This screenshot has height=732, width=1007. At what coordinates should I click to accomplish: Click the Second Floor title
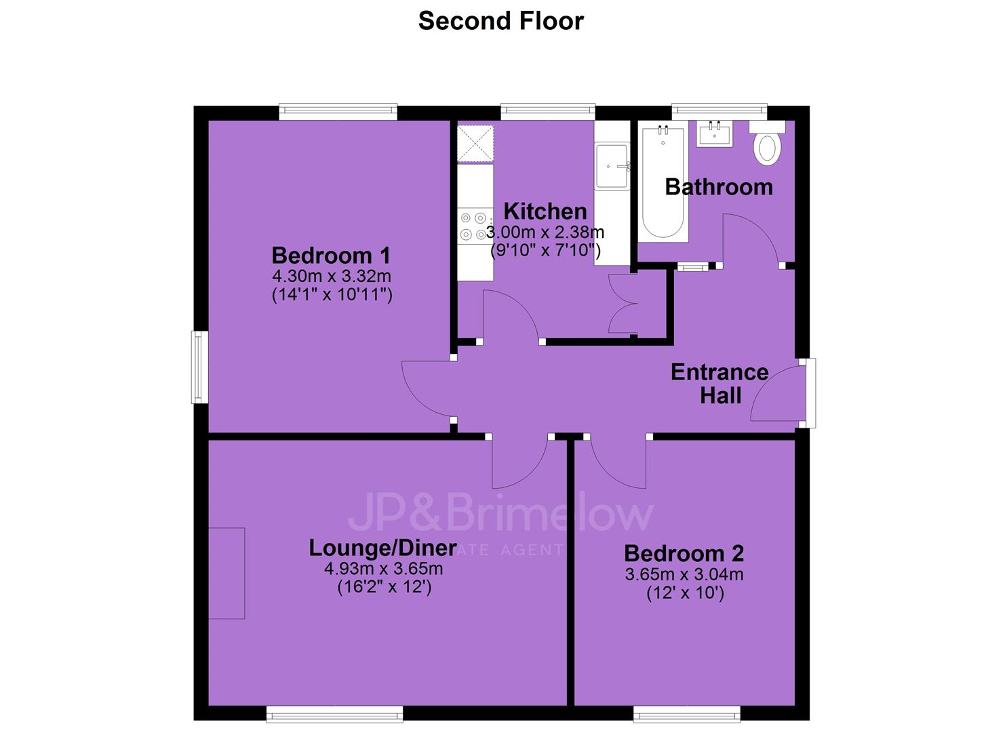501,20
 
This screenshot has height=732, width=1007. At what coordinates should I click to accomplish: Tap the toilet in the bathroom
767,142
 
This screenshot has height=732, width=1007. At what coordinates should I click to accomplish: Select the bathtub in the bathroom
663,182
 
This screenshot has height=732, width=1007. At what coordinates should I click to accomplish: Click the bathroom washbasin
714,134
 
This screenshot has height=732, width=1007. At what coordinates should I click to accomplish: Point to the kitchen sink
612,166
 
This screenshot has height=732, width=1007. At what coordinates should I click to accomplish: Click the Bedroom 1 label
331,256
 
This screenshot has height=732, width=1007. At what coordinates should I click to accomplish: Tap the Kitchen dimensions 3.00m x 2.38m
545,232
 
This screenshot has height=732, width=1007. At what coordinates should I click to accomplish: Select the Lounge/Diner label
382,548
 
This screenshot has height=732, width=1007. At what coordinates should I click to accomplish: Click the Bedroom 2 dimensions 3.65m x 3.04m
684,574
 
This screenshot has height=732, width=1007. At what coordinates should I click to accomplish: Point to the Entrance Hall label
719,384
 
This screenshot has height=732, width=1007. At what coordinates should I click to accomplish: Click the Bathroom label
719,187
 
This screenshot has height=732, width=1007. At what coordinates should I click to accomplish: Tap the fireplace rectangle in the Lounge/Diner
226,573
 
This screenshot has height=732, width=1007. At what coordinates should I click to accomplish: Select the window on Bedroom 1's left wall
199,367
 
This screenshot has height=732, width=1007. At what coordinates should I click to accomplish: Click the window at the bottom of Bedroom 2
687,714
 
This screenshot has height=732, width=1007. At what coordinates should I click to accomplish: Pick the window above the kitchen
548,112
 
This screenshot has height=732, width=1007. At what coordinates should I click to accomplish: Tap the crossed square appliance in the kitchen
475,143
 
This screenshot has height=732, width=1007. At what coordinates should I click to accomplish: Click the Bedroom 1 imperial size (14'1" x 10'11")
332,295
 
